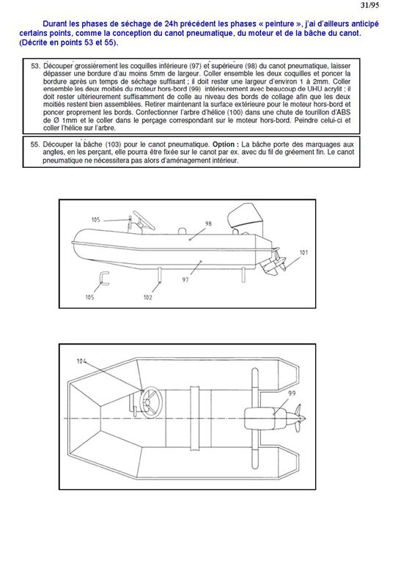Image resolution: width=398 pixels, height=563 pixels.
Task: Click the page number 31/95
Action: [x=369, y=5]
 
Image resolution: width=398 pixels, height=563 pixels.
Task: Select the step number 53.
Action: [x=34, y=67]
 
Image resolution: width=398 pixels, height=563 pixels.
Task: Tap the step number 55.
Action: [x=34, y=144]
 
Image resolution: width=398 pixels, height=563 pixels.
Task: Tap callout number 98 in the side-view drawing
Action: [x=208, y=224]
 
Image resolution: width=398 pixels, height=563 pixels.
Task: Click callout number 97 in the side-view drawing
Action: [x=185, y=279]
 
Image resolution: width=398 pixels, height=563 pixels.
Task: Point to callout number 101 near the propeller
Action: [x=303, y=252]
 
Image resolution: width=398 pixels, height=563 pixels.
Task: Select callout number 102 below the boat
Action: [x=147, y=298]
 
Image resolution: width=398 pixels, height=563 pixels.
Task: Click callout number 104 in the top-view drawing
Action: [x=81, y=361]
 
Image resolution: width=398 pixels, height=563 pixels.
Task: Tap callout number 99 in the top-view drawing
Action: [x=292, y=394]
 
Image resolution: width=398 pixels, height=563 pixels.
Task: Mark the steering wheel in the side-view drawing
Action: [x=144, y=220]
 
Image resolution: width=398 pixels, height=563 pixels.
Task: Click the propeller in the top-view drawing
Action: [x=298, y=419]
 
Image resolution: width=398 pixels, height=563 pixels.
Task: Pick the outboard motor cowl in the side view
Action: [x=245, y=217]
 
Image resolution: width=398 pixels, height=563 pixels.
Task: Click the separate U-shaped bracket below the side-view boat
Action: [x=104, y=279]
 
